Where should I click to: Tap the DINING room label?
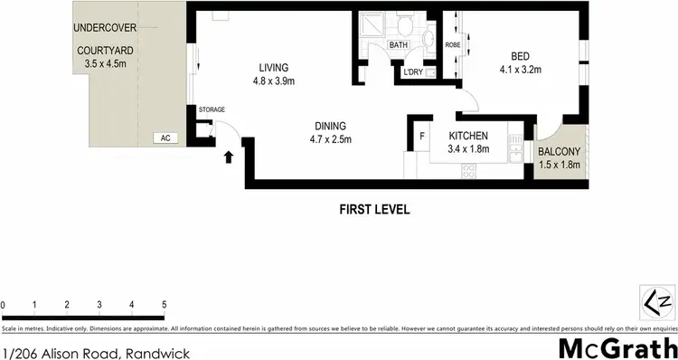pos(330,127)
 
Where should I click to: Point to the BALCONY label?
pos(559,151)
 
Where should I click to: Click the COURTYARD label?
pos(107,51)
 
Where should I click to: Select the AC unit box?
pos(165,138)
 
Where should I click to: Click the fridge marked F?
pos(421,137)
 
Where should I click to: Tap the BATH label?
pos(399,44)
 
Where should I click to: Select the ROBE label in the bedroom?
pos(453,44)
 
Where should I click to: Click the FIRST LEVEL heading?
pos(374,209)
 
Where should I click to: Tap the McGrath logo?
pos(617,348)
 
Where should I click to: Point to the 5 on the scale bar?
pos(164,305)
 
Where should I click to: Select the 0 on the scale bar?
pos(4,305)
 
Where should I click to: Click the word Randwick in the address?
pos(161,353)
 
